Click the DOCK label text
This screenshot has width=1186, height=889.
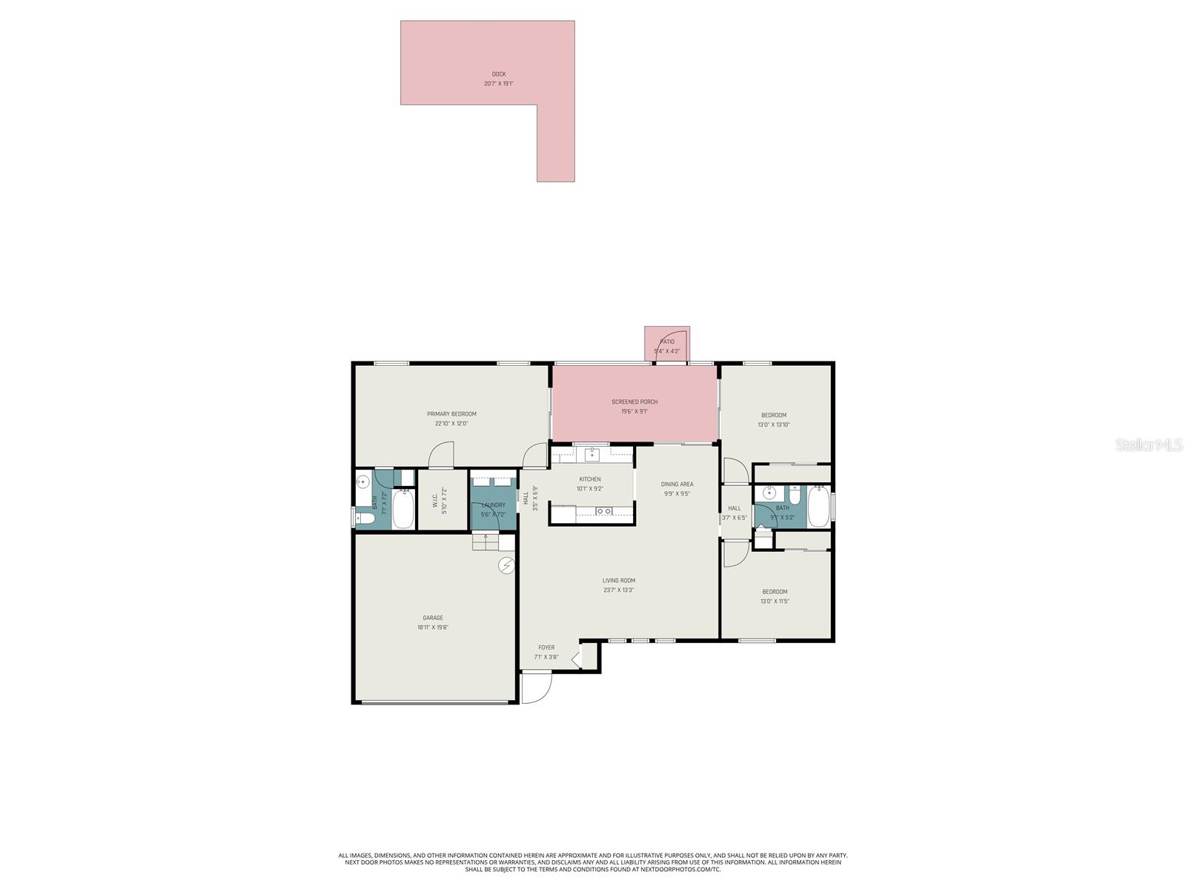point(498,74)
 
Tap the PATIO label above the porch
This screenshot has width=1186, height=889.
point(667,342)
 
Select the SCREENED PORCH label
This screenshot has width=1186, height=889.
point(635,402)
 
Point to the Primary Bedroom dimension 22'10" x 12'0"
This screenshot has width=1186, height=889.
point(451,424)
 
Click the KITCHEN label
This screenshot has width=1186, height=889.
point(590,479)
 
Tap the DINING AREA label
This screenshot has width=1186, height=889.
point(677,485)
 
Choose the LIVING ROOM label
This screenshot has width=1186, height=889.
point(618,581)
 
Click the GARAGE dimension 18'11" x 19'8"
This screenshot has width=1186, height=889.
point(433,627)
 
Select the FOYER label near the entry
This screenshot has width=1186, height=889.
point(546,647)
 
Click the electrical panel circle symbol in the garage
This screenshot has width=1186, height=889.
point(506,566)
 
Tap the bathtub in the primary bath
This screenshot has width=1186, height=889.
point(402,510)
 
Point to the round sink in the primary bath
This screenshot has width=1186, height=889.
point(362,482)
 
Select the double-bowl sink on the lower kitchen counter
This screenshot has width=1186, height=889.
point(603,511)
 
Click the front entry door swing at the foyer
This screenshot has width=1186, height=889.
point(535,687)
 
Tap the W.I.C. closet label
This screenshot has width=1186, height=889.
point(435,500)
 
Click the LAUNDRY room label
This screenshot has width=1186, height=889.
point(493,505)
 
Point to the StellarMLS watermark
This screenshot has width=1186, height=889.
point(1147,444)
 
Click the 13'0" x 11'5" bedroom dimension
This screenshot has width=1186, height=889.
point(775,601)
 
